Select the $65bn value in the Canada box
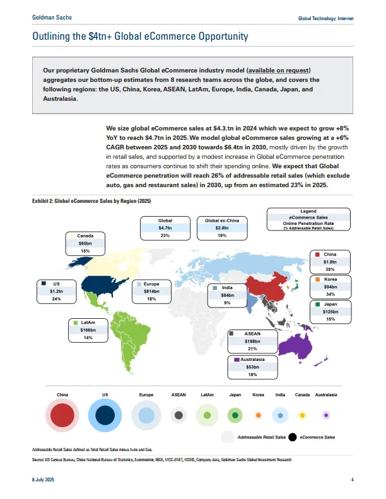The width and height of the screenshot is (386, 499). click(85, 241)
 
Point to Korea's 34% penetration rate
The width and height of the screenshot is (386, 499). click(330, 294)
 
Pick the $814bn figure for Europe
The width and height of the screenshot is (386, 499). click(151, 291)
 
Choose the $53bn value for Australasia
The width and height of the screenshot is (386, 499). click(252, 367)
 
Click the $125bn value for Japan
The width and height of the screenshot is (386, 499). click(330, 311)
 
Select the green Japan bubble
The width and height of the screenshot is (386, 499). click(235, 415)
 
